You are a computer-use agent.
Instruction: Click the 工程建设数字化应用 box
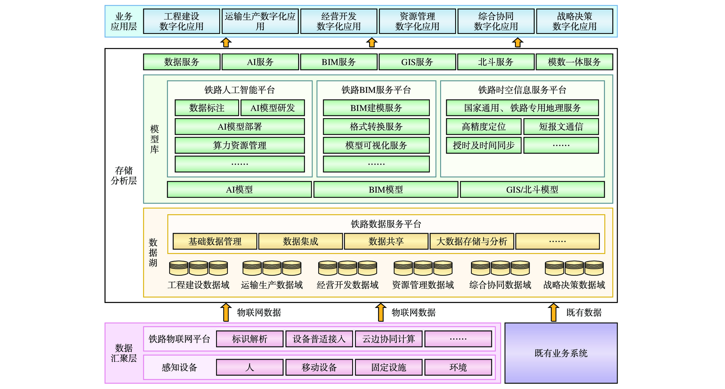coord(181,21)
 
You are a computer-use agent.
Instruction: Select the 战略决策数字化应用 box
coord(574,21)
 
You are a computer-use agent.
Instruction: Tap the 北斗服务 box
coord(495,62)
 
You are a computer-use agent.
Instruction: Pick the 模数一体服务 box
coord(574,62)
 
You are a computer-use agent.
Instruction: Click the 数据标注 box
coord(207,108)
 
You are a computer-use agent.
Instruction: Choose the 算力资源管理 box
coord(240,145)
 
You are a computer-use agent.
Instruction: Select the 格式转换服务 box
coord(376,127)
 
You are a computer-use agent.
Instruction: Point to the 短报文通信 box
coord(561,127)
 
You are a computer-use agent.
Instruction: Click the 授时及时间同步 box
coord(483,145)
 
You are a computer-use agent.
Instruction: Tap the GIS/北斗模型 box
coord(532,189)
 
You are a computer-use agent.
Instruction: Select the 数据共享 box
coord(386,241)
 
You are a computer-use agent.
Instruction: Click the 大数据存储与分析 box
coord(472,241)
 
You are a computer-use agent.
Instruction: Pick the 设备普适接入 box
coord(319,339)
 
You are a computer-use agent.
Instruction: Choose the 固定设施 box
coord(388,367)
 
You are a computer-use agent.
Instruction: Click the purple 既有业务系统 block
coord(561,353)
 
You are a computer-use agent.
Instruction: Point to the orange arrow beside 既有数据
coord(553,312)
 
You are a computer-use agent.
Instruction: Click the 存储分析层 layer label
coord(124,175)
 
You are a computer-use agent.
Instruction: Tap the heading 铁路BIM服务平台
coord(376,90)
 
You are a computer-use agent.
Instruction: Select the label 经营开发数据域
coord(347,285)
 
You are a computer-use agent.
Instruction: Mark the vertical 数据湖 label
coord(153,252)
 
